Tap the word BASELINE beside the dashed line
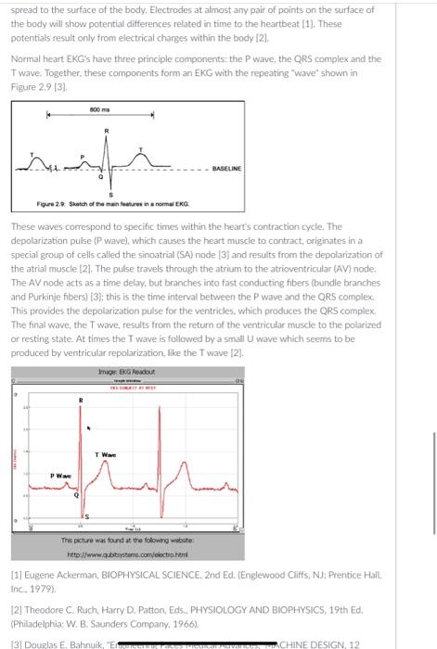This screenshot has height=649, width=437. coord(227,168)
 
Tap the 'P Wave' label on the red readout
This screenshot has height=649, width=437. coord(61,475)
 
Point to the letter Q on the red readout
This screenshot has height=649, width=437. coord(78,496)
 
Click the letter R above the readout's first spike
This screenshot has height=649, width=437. coord(81,401)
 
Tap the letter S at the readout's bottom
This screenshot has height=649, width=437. coord(89,515)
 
